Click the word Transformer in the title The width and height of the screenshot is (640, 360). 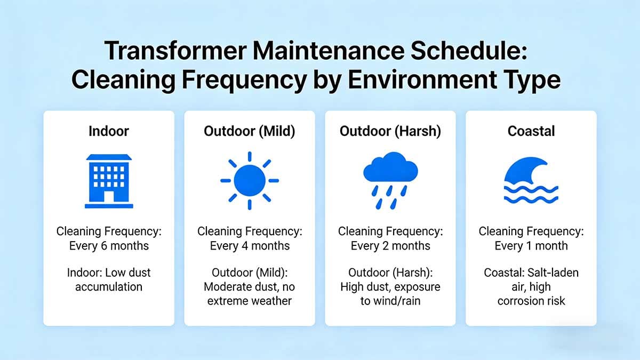pos(175,51)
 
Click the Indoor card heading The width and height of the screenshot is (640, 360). pos(109,131)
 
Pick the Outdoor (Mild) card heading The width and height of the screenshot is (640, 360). pos(250,131)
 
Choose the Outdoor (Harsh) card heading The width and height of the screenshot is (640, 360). pos(390,131)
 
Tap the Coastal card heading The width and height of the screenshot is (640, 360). pos(531,131)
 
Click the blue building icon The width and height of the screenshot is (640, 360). pos(109,181)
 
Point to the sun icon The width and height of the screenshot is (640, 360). pos(250,181)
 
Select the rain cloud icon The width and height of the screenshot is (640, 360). pos(390,180)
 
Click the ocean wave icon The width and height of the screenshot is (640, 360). pos(531,180)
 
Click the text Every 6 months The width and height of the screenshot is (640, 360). pos(109,246)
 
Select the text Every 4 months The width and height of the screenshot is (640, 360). pos(250,246)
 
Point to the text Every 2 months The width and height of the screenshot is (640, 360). pos(390,246)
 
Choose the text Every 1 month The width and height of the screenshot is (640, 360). pos(531,246)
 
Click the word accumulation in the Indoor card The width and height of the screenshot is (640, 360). pos(109,287)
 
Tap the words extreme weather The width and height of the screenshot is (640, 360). pos(250,301)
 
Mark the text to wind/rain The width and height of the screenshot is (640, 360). pos(390,301)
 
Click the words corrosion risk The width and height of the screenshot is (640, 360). pos(531,301)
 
